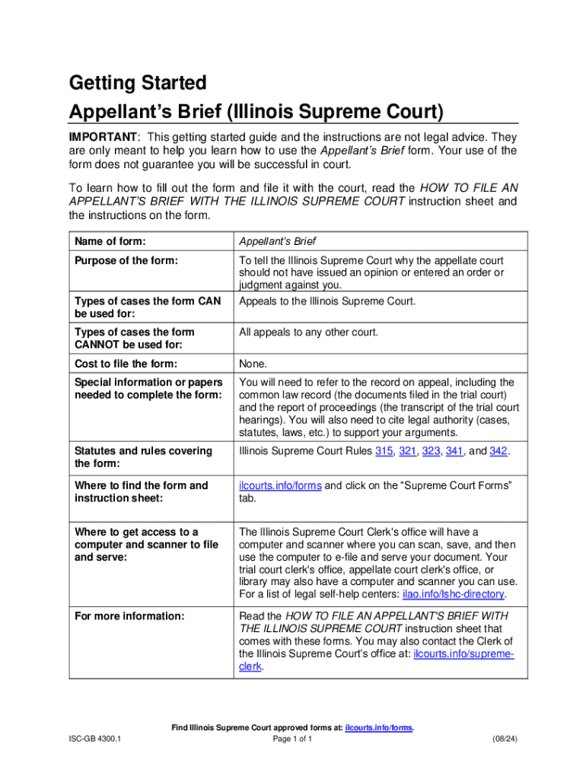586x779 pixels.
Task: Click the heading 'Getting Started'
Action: [137, 81]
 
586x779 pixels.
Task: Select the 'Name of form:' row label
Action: [110, 241]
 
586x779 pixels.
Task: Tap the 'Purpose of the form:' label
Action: [126, 261]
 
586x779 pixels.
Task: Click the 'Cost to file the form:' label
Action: [126, 363]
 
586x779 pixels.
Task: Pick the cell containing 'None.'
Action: [252, 363]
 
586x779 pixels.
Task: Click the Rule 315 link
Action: [384, 451]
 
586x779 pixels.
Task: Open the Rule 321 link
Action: [408, 451]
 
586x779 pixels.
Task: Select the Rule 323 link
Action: [432, 451]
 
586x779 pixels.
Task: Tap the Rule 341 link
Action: [455, 451]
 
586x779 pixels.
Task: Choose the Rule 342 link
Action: [498, 451]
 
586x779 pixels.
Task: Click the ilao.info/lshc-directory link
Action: [445, 594]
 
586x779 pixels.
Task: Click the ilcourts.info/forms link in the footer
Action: [379, 728]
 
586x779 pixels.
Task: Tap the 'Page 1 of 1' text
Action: [292, 739]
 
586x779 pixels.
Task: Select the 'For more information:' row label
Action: [129, 615]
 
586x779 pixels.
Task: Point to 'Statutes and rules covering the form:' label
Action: [143, 457]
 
